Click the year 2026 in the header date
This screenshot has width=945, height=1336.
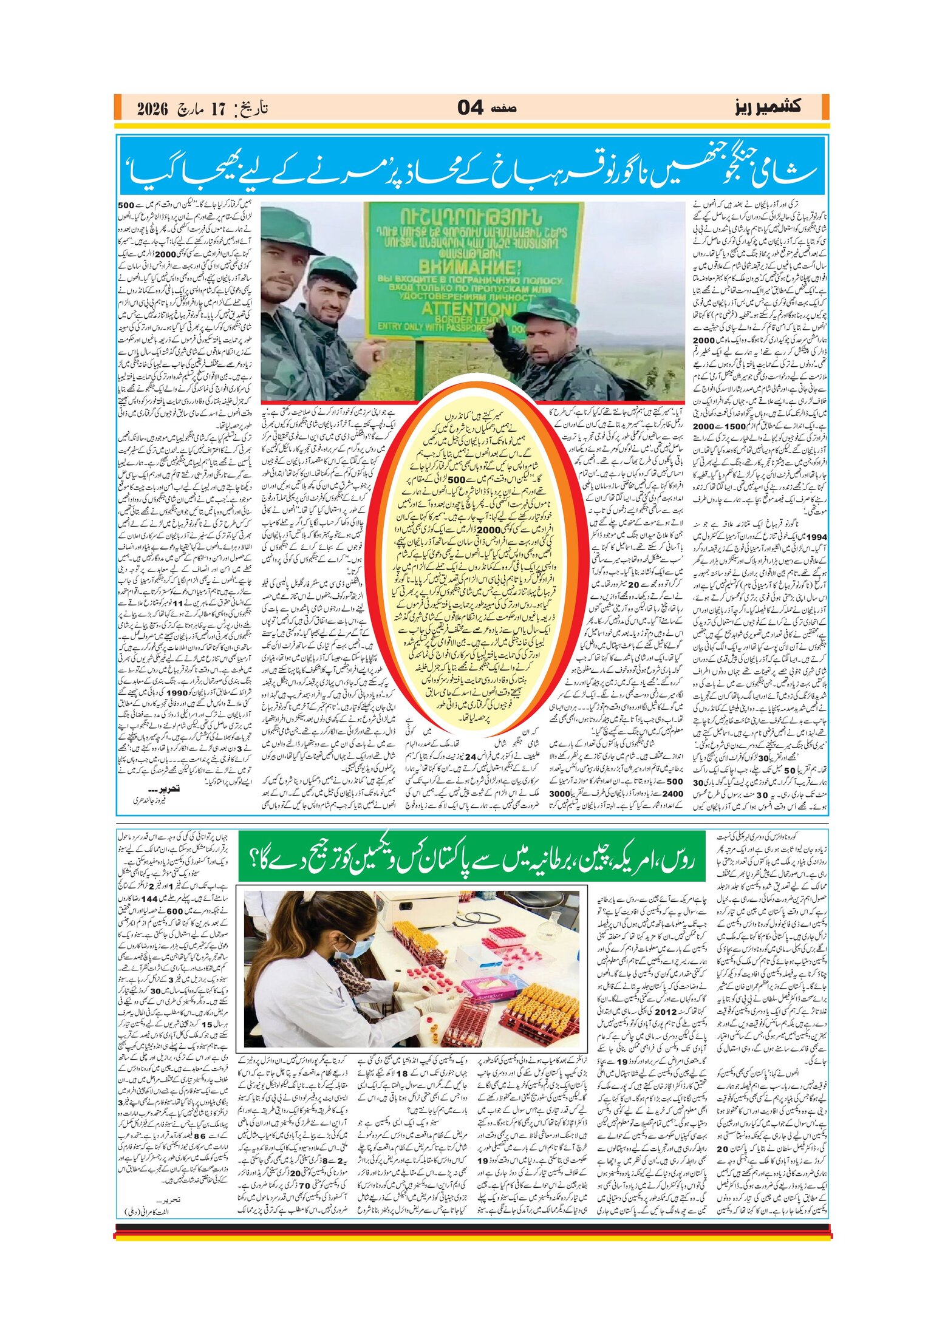coord(151,109)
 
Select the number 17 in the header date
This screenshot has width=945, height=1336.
coord(217,109)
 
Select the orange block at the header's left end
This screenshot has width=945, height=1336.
coord(118,107)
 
